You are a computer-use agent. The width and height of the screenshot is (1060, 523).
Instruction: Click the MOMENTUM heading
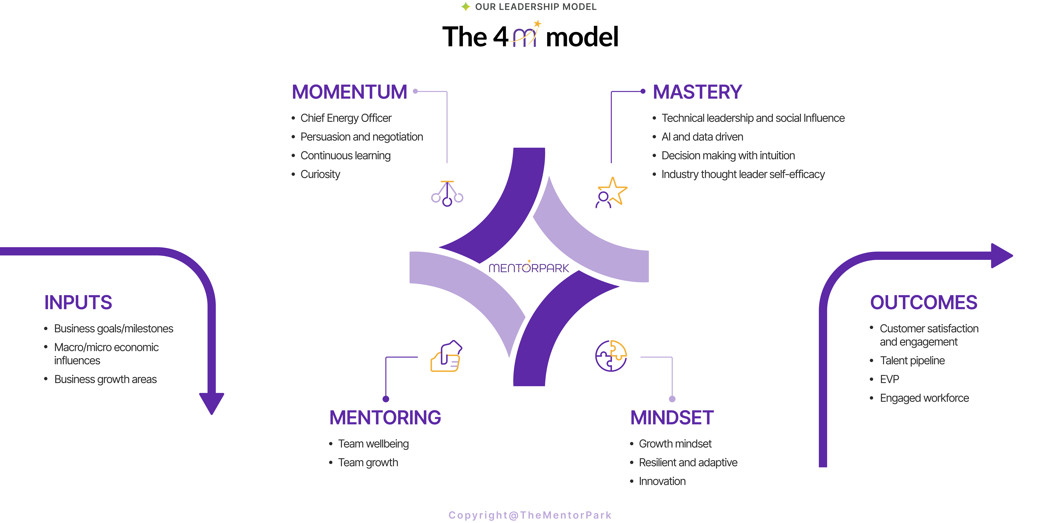[x=349, y=92]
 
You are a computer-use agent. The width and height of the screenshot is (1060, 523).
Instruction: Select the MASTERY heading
[x=697, y=92]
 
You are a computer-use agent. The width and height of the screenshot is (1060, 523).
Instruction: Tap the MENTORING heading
[x=385, y=418]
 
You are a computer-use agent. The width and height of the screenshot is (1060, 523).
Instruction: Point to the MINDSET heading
[x=672, y=418]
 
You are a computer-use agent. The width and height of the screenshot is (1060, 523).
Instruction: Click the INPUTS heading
[x=78, y=302]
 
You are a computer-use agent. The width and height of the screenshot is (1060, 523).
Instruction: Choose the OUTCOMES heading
[x=923, y=302]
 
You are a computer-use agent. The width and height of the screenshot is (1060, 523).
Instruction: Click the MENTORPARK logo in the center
[x=529, y=268]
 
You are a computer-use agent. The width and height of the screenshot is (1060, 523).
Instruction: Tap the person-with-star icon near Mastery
[x=611, y=193]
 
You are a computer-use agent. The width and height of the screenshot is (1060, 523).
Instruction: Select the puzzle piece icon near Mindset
[x=611, y=356]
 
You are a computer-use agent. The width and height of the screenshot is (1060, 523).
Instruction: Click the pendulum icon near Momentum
[x=447, y=193]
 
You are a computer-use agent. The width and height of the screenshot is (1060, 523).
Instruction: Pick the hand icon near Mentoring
[x=446, y=356]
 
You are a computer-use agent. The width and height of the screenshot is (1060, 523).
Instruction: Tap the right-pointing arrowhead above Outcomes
[x=1001, y=256]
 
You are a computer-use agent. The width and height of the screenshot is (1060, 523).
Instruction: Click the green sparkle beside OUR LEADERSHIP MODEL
[x=465, y=7]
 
